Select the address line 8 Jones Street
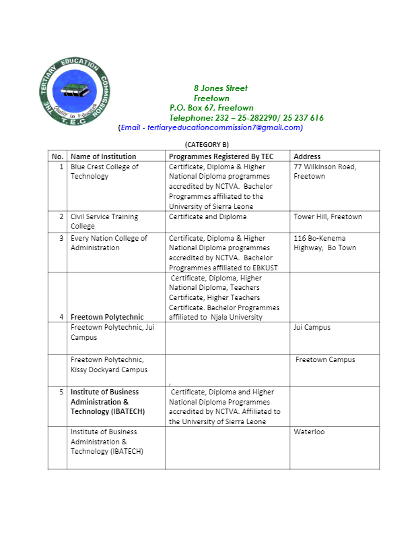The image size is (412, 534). [220, 88]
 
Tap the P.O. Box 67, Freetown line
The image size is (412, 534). [211, 108]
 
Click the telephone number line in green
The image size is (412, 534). [246, 117]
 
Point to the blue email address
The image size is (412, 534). [211, 127]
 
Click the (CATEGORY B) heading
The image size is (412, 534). [207, 144]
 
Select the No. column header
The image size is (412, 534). [57, 156]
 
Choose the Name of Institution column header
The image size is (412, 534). [103, 156]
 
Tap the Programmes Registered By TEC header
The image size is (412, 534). [221, 156]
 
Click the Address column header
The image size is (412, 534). [307, 156]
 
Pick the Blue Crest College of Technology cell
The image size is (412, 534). [104, 171]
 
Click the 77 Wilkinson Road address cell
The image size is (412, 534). [325, 171]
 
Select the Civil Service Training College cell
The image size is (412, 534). [104, 221]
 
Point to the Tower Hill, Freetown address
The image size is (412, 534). [328, 216]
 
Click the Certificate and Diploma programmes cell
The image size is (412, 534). [207, 216]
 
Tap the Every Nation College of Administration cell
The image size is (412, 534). [104, 243]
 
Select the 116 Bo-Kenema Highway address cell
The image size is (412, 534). [325, 243]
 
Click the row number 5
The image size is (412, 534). [61, 392]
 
